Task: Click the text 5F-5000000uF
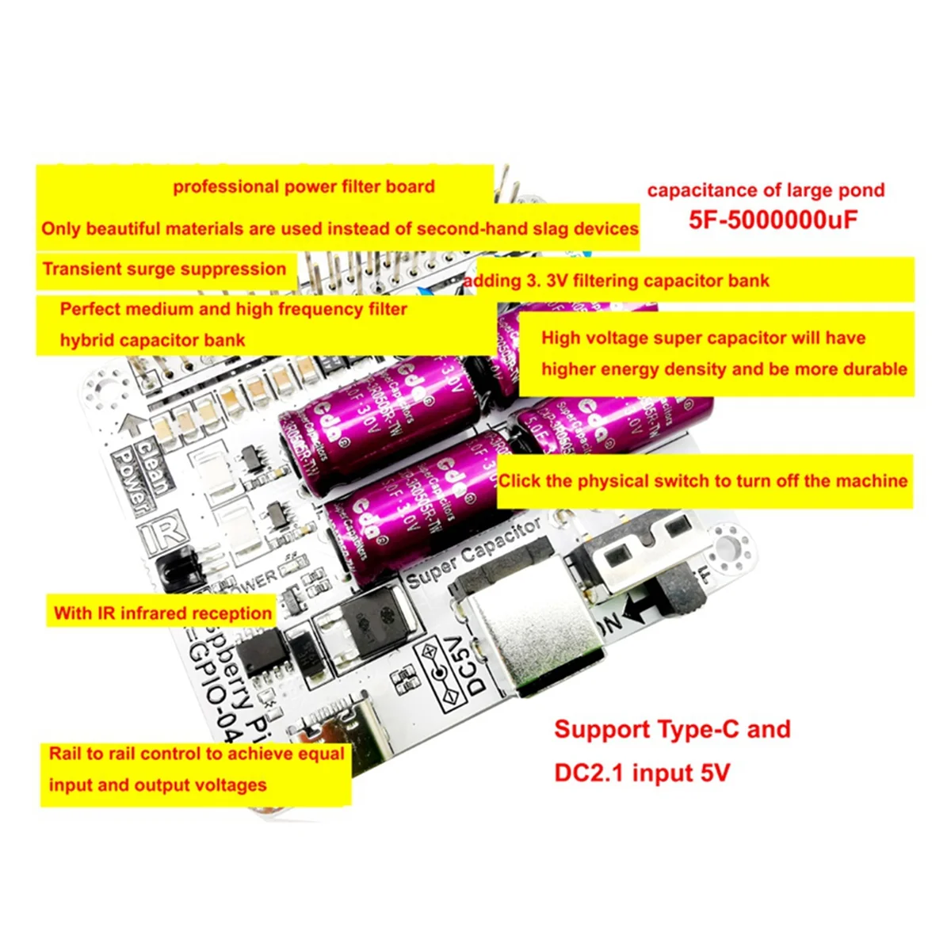pyautogui.click(x=773, y=220)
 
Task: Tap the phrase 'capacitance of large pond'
pyautogui.click(x=766, y=190)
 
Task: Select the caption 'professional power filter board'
pyautogui.click(x=304, y=187)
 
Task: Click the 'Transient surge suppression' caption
pyautogui.click(x=164, y=269)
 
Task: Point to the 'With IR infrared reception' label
pyautogui.click(x=162, y=613)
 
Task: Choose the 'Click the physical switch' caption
pyautogui.click(x=703, y=481)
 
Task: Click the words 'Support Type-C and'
pyautogui.click(x=672, y=729)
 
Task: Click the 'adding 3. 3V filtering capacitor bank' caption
pyautogui.click(x=617, y=281)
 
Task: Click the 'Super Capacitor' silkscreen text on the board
pyautogui.click(x=474, y=552)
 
